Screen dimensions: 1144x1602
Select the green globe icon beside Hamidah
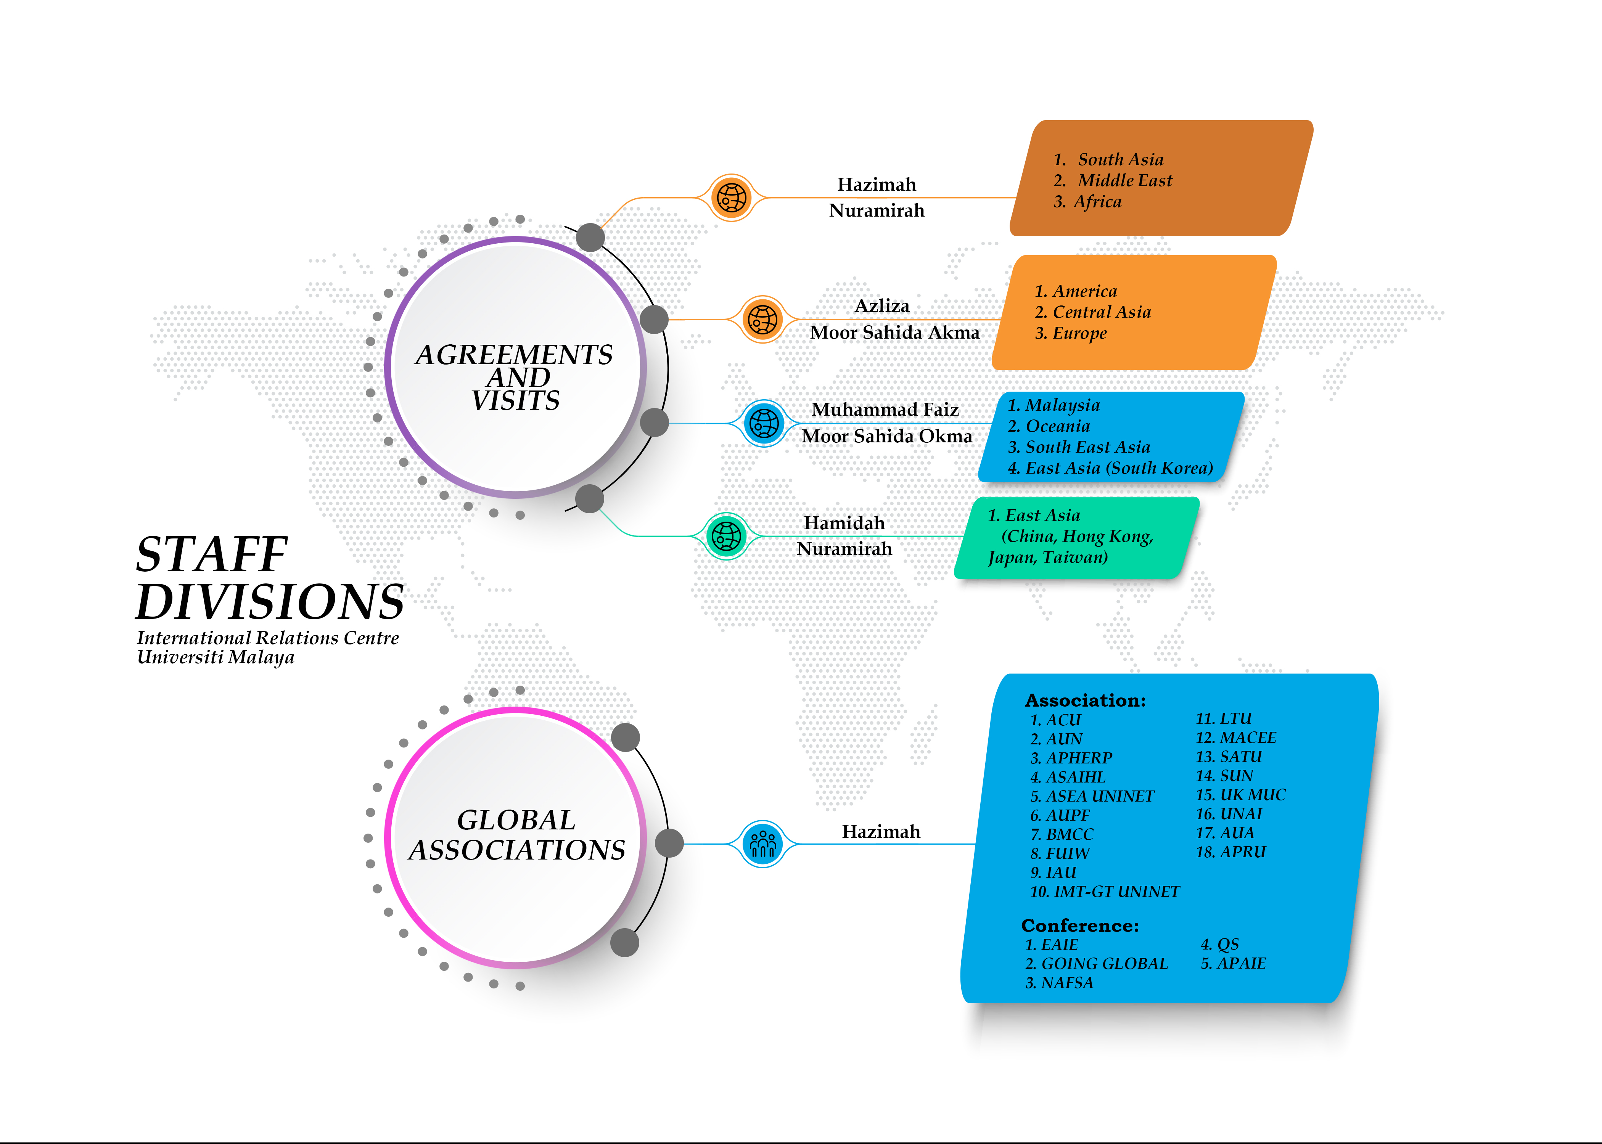click(x=726, y=536)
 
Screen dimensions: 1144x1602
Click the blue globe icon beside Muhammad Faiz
click(x=764, y=423)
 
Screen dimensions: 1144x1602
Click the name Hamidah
click(x=844, y=523)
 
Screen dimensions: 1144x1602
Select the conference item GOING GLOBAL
click(x=1103, y=964)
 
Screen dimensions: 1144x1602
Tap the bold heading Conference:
click(x=1079, y=925)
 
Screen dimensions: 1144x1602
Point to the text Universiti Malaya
click(x=216, y=657)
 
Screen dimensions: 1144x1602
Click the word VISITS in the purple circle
click(x=516, y=401)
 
